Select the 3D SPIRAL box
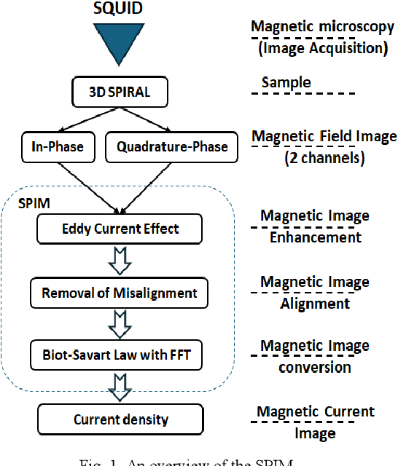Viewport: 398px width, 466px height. pos(119,93)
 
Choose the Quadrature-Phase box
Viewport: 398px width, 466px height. pos(171,146)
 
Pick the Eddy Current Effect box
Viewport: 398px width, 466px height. pos(119,229)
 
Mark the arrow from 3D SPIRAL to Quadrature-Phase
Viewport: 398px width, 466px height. pos(152,119)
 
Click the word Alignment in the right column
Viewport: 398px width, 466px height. pos(314,303)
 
